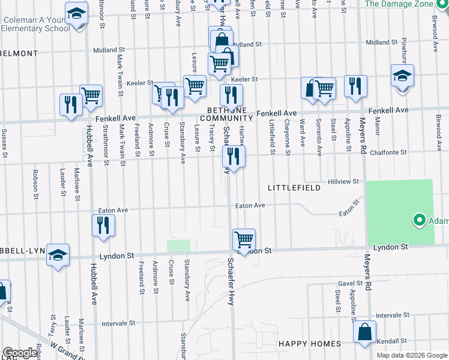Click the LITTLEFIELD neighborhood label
(x=294, y=188)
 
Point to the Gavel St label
(x=346, y=283)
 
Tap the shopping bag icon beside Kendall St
(x=364, y=332)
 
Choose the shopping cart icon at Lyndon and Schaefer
(x=244, y=239)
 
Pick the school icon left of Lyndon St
(x=58, y=254)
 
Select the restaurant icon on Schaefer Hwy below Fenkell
(x=234, y=157)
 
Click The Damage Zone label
(x=399, y=4)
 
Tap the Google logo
(x=20, y=353)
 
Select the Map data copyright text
(x=411, y=355)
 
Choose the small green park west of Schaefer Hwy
(x=178, y=246)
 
